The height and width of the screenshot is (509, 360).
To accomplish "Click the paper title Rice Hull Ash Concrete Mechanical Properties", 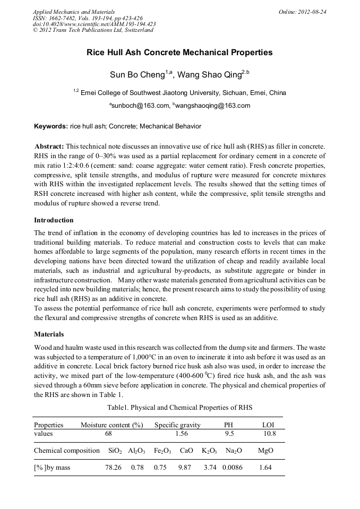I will pyautogui.click(x=179, y=53).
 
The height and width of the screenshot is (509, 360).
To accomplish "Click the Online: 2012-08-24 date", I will pyautogui.click(x=303, y=11).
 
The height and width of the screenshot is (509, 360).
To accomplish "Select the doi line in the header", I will pyautogui.click(x=94, y=24).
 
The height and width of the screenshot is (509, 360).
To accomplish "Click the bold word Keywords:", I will pyautogui.click(x=50, y=126).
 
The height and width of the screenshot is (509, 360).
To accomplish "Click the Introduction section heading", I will pyautogui.click(x=54, y=220).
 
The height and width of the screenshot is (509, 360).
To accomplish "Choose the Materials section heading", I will pyautogui.click(x=49, y=334).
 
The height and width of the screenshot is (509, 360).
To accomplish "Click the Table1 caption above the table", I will pyautogui.click(x=179, y=408).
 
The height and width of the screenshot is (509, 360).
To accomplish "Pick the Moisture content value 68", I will pyautogui.click(x=108, y=434).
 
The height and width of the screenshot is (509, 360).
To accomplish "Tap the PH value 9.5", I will pyautogui.click(x=229, y=434).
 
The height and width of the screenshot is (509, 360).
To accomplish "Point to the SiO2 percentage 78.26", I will pyautogui.click(x=113, y=468).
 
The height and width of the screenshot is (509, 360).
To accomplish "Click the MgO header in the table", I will pyautogui.click(x=265, y=451).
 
